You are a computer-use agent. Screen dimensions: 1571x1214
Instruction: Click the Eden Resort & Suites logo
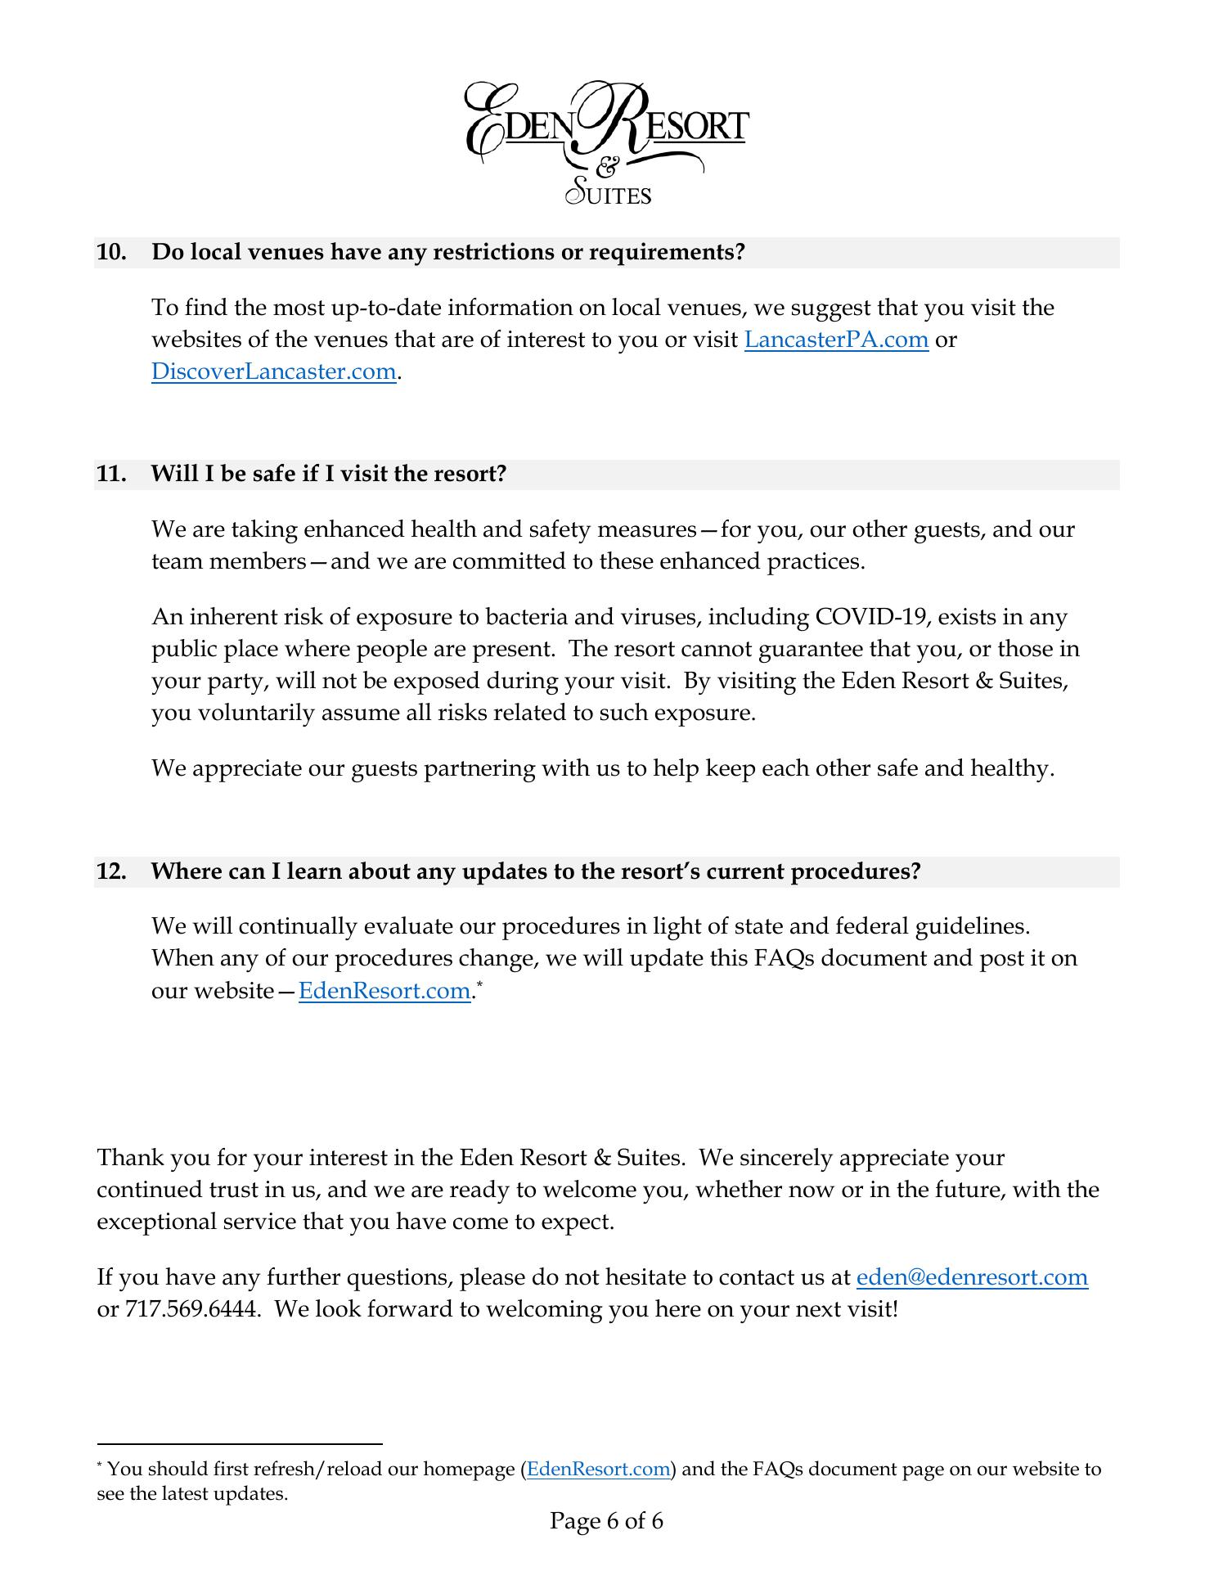tap(606, 143)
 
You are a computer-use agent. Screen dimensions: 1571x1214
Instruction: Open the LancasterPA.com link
tap(836, 340)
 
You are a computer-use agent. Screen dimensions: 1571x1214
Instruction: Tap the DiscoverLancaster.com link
tap(273, 371)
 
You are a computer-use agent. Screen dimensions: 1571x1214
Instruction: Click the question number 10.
tap(110, 252)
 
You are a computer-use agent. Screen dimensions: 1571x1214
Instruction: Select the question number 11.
tap(110, 475)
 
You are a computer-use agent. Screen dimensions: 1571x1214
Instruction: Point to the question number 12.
tap(110, 871)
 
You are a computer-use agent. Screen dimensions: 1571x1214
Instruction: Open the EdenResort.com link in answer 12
tap(384, 991)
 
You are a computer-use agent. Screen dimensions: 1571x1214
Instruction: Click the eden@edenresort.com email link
tap(972, 1277)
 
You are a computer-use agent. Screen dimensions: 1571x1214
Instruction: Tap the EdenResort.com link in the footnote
tap(599, 1469)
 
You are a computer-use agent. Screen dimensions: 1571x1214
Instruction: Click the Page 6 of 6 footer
tap(606, 1521)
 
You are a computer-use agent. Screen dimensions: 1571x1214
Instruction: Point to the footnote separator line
tap(239, 1445)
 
